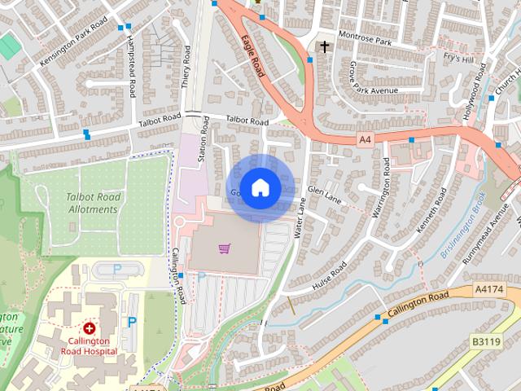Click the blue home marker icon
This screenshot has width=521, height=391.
260,187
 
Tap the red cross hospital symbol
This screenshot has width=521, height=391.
89,327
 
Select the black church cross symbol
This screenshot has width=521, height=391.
325,46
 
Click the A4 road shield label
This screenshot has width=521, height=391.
365,140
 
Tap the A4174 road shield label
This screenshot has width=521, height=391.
489,289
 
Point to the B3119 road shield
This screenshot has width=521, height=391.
486,343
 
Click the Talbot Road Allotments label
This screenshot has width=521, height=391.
93,204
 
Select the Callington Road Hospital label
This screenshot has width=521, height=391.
89,345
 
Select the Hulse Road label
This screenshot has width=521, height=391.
329,275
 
